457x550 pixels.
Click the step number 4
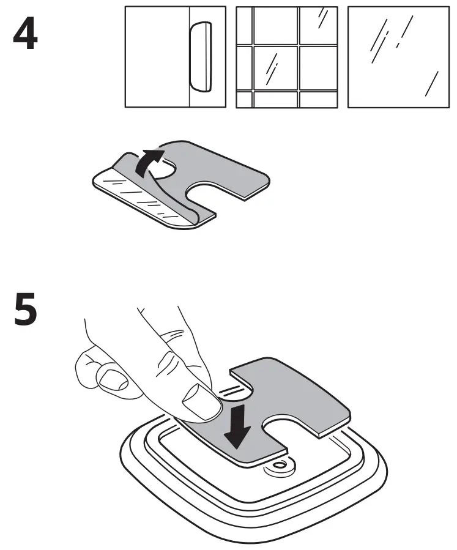[25, 36]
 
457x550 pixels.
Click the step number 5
[25, 310]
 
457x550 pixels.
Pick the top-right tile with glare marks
[318, 25]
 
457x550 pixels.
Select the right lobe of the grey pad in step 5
[318, 404]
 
